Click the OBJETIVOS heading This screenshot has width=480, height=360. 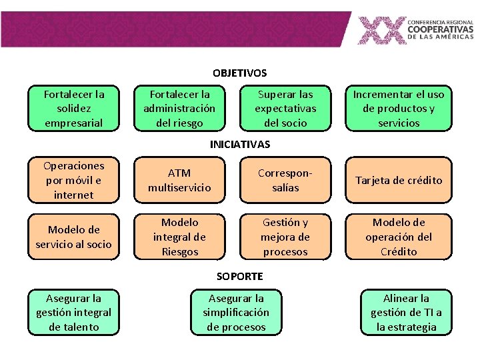239,73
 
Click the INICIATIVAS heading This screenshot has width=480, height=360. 240,144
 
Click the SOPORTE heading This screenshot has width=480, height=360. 240,276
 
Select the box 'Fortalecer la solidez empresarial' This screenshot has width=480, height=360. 73,108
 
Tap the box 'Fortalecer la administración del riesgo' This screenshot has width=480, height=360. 179,108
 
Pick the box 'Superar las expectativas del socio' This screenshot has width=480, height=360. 285,108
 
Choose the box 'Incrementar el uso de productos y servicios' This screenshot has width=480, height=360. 398,108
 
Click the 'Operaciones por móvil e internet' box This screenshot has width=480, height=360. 73,180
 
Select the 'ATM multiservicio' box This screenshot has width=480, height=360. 179,180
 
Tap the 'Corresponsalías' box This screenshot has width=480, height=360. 285,180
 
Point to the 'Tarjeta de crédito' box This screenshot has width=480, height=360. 398,180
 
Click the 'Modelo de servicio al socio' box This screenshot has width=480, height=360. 73,237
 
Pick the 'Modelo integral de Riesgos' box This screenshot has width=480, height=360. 179,237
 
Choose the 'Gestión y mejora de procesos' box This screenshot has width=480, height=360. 285,237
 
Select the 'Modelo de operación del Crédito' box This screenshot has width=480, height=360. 398,237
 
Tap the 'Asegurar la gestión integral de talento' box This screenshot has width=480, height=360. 73,312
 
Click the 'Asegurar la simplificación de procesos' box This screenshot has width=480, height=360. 236,312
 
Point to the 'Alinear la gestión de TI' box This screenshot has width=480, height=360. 406,312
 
